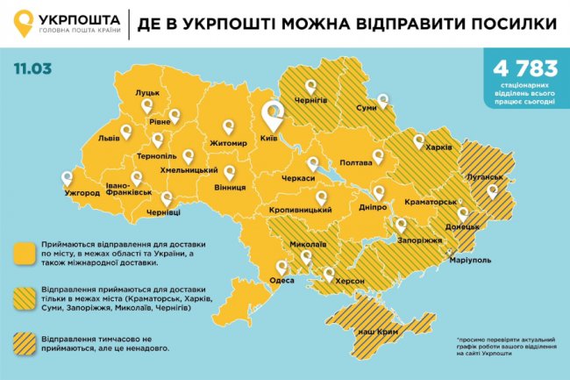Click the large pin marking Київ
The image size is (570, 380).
[273, 114]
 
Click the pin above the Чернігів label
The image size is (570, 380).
[310, 87]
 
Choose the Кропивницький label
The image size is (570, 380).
[300, 211]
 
